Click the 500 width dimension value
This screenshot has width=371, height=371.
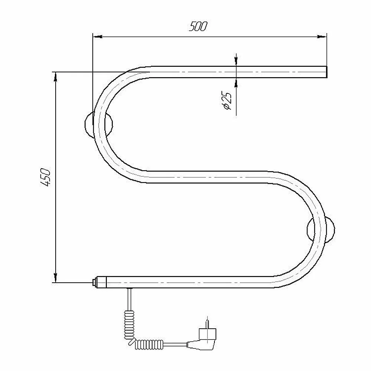tap(198, 26)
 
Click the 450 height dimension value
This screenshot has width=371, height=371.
tap(45, 177)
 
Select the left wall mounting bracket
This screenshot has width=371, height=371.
tap(98, 124)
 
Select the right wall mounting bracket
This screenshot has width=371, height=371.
tap(321, 230)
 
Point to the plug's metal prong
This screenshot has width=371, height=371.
tap(207, 324)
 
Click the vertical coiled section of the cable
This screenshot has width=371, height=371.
tap(129, 325)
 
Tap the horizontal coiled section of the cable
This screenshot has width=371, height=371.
tap(149, 345)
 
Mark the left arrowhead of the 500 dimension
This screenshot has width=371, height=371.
tap(97, 37)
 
